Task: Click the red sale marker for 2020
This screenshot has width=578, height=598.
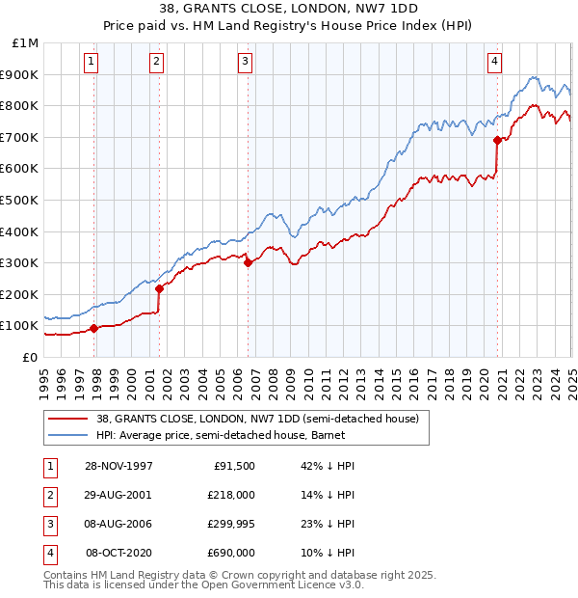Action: (x=497, y=140)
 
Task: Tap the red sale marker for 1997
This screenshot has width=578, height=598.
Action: (x=94, y=328)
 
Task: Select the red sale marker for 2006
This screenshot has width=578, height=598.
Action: (x=248, y=262)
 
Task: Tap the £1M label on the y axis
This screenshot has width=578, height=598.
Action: (x=26, y=43)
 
